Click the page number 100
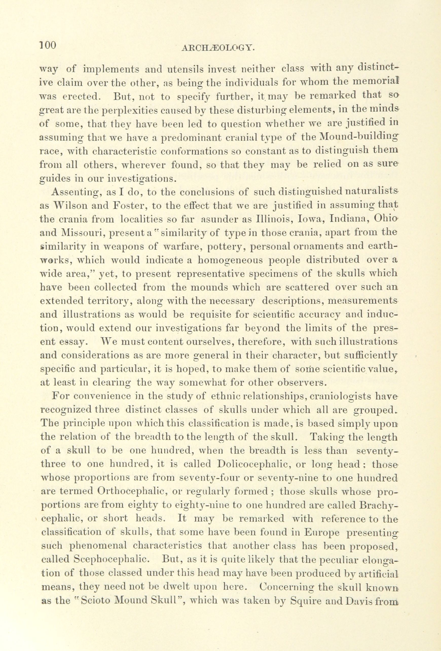[x=48, y=45]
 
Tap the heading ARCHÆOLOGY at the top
[x=218, y=49]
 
